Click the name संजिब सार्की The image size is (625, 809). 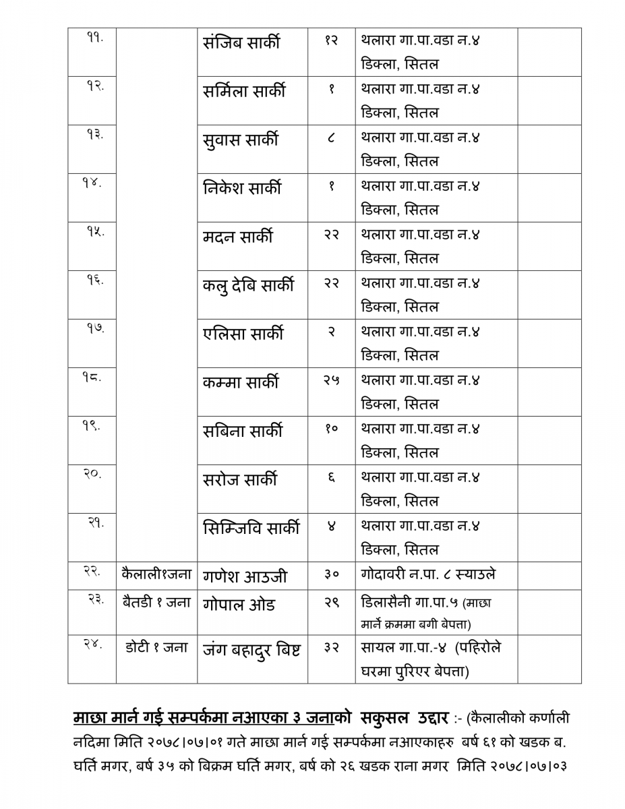point(241,43)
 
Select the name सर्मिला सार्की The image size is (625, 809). point(244,92)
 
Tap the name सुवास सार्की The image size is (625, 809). point(240,140)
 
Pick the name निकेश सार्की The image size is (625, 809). point(242,189)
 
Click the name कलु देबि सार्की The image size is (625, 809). point(248,286)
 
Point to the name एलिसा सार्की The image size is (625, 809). point(243,334)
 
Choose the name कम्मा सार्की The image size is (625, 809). point(240,383)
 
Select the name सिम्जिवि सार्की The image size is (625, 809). point(251,529)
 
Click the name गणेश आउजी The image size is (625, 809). point(245,576)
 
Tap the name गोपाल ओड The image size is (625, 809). point(239,604)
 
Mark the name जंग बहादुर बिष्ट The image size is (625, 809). point(251,651)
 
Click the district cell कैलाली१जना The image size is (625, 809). point(156,575)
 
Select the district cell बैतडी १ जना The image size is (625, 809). point(156,603)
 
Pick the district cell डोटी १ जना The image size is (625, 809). point(156,648)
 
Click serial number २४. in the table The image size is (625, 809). point(93,645)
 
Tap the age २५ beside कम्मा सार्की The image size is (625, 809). point(331,381)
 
